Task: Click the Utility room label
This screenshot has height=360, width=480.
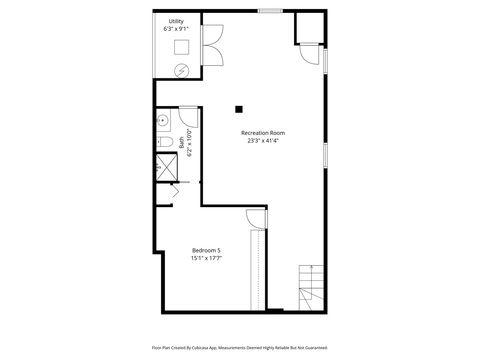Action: pyautogui.click(x=176, y=22)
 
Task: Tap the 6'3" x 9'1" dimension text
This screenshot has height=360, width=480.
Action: pyautogui.click(x=176, y=30)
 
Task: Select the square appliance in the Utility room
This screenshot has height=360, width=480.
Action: pyautogui.click(x=182, y=47)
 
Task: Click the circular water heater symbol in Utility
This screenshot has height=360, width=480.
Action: pyautogui.click(x=181, y=69)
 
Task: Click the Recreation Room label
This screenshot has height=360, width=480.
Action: pyautogui.click(x=263, y=132)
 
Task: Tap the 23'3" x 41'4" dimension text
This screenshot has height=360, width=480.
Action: pyautogui.click(x=263, y=140)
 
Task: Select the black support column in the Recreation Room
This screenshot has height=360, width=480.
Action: pyautogui.click(x=239, y=108)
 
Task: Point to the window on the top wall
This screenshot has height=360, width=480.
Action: pyautogui.click(x=269, y=10)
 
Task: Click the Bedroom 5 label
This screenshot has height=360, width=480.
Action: pyautogui.click(x=206, y=250)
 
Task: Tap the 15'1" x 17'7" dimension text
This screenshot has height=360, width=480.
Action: pyautogui.click(x=206, y=258)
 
